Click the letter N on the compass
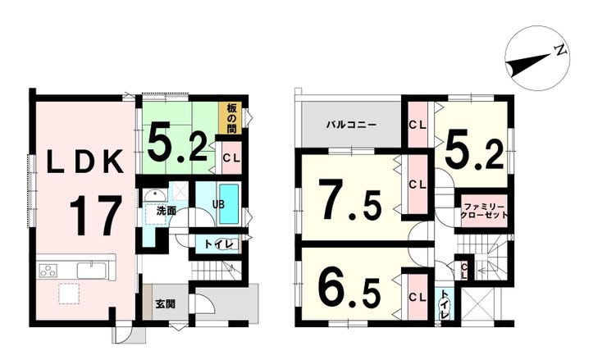(x=560, y=49)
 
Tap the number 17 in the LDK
(x=96, y=216)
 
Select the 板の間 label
(x=231, y=118)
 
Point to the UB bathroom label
(x=219, y=204)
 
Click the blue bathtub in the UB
(x=229, y=203)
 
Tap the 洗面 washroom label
(x=167, y=211)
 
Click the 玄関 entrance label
(x=166, y=304)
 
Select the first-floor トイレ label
(x=219, y=244)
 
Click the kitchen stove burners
(x=48, y=270)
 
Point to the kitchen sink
(x=91, y=271)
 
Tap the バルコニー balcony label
(x=351, y=125)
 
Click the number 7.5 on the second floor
(x=350, y=198)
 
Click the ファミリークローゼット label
(x=484, y=211)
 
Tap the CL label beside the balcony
(x=418, y=125)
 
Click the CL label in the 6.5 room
(x=418, y=298)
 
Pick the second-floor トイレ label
(x=445, y=304)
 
